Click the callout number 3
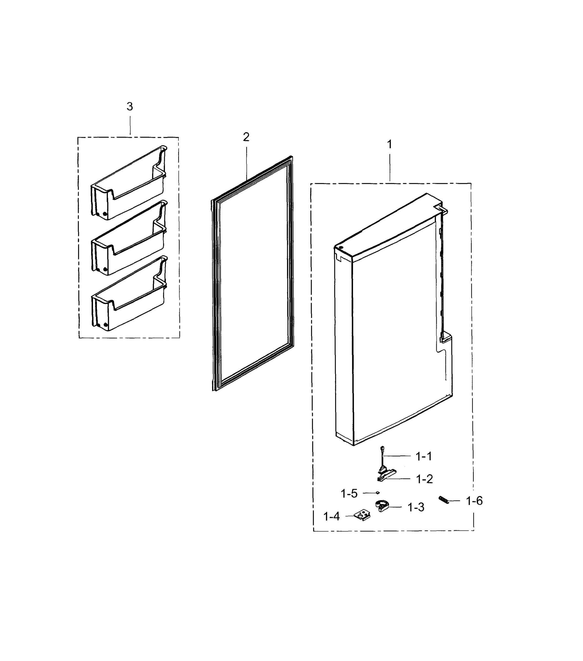point(130,106)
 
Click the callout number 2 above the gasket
point(246,137)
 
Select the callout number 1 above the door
point(390,144)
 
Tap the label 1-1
point(424,457)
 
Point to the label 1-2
point(424,479)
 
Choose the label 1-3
point(416,507)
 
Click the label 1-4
point(332,517)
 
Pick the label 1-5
point(349,494)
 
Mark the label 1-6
point(474,501)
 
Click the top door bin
point(129,184)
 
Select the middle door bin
point(129,239)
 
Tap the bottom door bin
point(129,295)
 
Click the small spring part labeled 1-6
point(444,500)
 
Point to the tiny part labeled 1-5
point(377,492)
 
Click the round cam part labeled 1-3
point(382,506)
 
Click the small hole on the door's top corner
point(341,248)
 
